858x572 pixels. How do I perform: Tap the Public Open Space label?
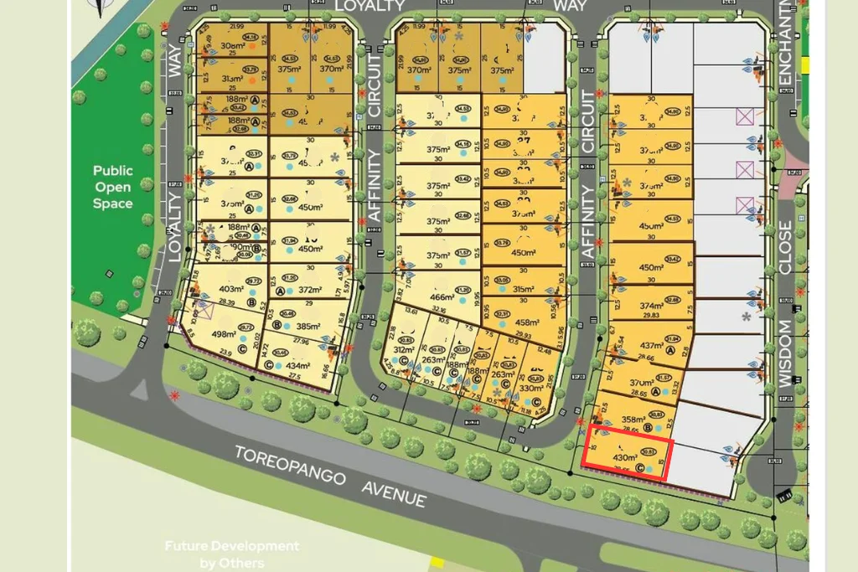[113, 187]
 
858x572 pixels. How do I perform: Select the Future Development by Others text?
[230, 554]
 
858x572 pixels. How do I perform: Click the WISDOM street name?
[785, 353]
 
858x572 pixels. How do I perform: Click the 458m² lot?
[526, 323]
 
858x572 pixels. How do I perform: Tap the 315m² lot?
[523, 290]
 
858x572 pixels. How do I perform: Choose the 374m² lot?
[650, 307]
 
